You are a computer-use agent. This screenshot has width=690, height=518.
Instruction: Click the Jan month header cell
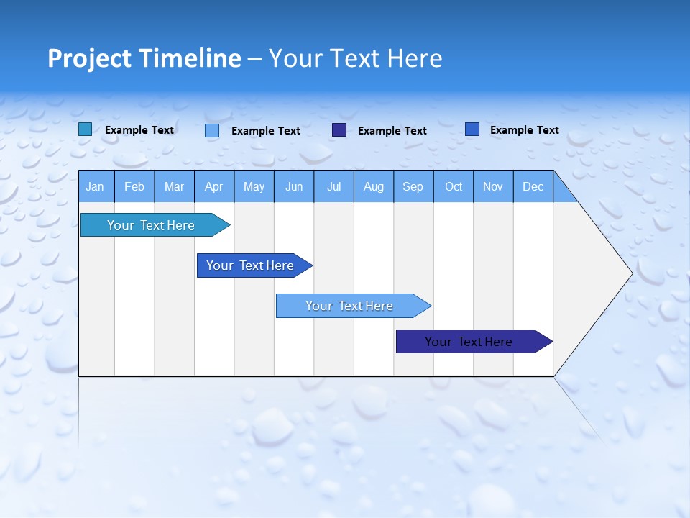coord(96,186)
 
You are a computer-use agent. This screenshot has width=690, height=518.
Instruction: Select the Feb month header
coord(134,186)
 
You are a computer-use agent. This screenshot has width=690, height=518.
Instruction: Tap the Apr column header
coord(214,186)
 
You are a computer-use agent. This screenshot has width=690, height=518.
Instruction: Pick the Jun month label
coord(294,186)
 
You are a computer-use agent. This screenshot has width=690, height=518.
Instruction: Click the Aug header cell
coord(374,186)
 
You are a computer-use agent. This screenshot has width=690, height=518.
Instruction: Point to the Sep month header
coord(413,186)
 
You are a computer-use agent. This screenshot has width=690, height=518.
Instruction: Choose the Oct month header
coord(454,186)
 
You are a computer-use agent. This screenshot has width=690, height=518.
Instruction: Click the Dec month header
coord(533,186)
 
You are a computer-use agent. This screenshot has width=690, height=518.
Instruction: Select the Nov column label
coord(493,186)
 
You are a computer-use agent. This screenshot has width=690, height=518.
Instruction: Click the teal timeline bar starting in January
coord(151,225)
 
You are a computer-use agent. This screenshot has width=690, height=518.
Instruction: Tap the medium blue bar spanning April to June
coord(250,265)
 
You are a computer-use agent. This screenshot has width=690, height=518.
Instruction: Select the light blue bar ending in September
coord(349,306)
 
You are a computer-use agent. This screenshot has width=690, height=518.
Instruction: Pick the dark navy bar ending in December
coord(469,342)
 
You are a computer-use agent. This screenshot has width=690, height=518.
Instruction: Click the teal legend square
coord(85,129)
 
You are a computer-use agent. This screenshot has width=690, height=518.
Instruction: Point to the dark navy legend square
coord(339,130)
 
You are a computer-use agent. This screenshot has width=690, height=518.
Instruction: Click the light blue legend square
coord(212,130)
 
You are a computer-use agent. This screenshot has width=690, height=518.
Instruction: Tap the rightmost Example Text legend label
coord(524,130)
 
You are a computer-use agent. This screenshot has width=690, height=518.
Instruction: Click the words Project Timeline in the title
coord(144,58)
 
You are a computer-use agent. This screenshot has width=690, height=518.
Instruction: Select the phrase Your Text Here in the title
coord(355,58)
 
